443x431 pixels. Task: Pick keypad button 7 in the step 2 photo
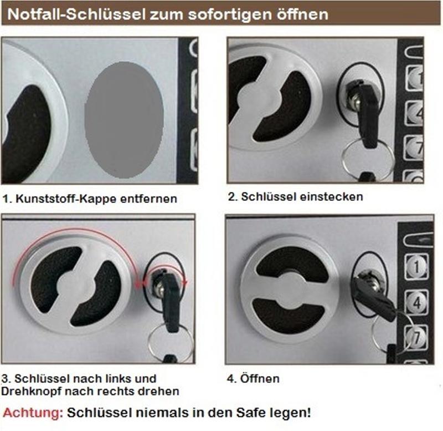tap(414, 146)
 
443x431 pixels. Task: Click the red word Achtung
tap(31, 413)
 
